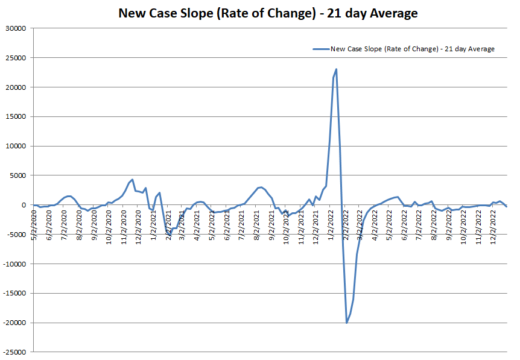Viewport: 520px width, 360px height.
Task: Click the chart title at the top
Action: pos(268,13)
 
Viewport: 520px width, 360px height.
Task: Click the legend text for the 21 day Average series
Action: pos(413,49)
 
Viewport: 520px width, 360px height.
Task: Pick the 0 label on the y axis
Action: pos(25,206)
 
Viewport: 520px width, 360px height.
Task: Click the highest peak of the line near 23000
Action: pos(336,69)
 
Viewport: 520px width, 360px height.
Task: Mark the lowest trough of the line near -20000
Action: pos(347,323)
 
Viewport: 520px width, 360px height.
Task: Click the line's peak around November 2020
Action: pos(132,179)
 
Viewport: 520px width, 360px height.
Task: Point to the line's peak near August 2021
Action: pos(260,187)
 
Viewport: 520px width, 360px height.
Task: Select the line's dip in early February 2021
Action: pos(170,235)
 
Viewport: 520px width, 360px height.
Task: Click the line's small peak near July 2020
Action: pos(69,196)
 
